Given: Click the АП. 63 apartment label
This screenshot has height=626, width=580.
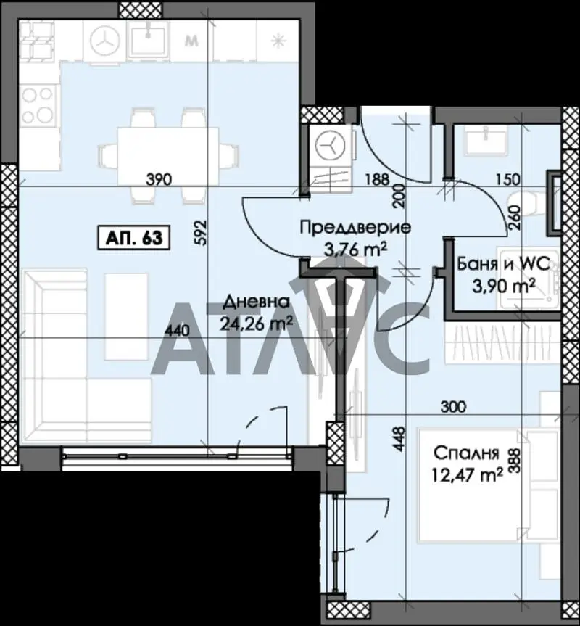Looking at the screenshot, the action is (134, 237).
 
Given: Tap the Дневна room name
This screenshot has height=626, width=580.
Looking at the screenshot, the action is (256, 302).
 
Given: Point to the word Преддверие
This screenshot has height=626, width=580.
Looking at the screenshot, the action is (355, 228).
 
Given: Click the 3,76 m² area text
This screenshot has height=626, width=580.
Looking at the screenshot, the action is (356, 250).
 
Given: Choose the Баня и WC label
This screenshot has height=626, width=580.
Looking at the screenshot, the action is (503, 263).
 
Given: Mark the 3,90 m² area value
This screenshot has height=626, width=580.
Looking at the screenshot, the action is (504, 286).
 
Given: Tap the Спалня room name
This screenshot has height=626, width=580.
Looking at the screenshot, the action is (466, 453).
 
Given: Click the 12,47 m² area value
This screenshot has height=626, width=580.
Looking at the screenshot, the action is (467, 475).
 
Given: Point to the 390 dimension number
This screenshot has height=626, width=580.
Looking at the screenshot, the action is (159, 179).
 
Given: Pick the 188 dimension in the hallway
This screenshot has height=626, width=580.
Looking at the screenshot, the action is (377, 179).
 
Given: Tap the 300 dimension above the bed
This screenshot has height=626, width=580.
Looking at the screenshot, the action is (453, 407).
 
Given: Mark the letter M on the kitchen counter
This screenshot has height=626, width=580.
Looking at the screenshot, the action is (192, 41).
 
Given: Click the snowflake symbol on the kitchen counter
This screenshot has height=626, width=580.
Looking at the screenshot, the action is (278, 41).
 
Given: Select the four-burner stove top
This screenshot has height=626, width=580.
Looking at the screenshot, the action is (38, 105).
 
